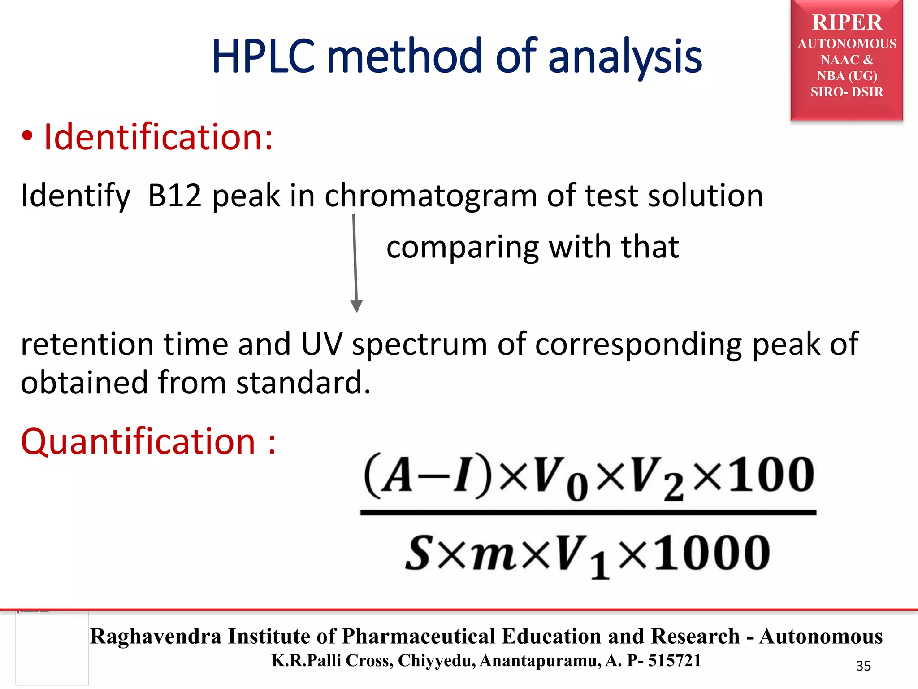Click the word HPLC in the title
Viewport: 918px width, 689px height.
264,57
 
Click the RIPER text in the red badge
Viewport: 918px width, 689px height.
847,22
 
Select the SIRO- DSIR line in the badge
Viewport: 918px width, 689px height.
847,92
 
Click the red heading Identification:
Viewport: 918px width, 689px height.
158,137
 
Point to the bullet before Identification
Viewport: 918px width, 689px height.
27,137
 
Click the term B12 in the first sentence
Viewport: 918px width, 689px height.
175,196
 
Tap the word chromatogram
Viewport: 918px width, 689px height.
430,196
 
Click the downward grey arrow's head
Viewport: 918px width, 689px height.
356,306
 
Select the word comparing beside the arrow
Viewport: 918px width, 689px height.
462,248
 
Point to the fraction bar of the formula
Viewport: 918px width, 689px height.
588,512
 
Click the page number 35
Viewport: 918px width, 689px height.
863,666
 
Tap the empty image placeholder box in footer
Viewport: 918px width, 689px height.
52,648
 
